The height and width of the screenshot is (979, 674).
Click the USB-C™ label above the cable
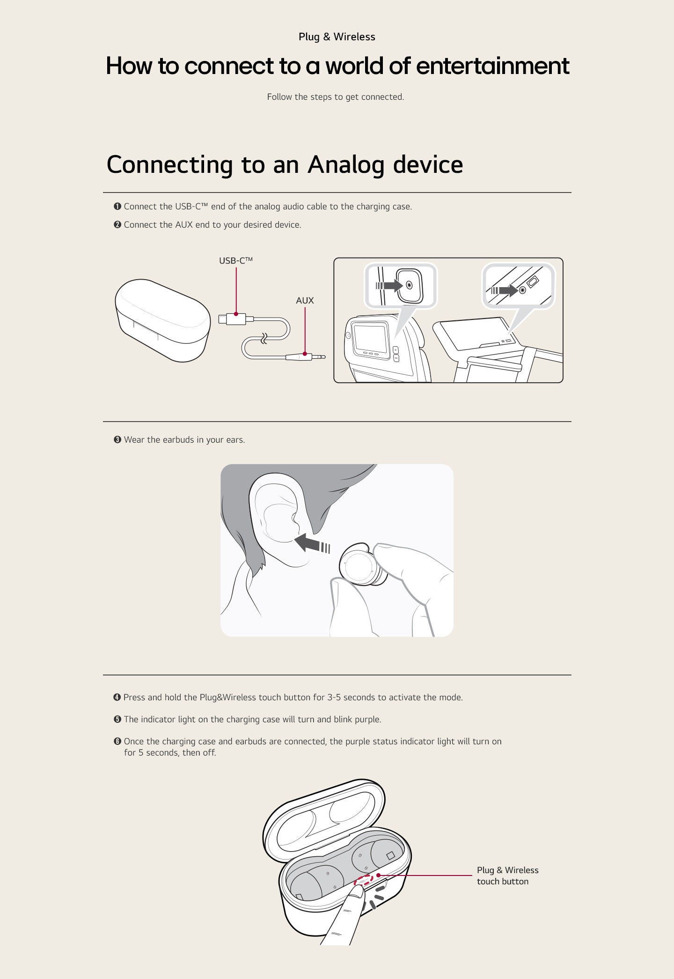point(235,260)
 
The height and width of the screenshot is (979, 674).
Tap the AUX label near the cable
point(305,300)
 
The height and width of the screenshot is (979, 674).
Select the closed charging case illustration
point(162,320)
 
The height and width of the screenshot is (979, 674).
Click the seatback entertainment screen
point(370,336)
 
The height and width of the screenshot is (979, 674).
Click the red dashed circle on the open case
point(364,880)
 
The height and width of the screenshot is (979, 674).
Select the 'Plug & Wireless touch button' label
point(507,875)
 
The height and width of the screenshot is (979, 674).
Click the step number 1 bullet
point(117,207)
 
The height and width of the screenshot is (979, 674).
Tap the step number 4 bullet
point(117,697)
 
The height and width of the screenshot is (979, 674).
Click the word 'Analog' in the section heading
point(345,164)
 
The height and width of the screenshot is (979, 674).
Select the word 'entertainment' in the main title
point(492,66)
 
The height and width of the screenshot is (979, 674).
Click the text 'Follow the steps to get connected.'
point(335,97)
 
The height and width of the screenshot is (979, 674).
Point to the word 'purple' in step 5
point(367,719)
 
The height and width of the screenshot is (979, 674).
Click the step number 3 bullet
point(117,440)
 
